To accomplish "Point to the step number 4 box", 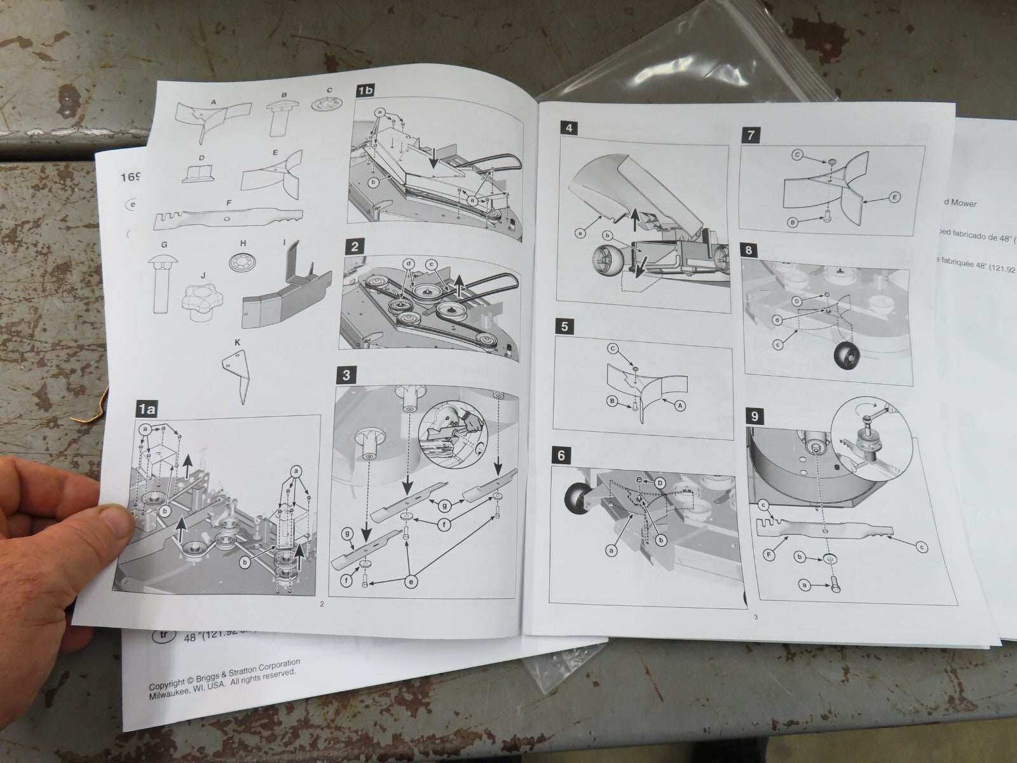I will (x=569, y=127).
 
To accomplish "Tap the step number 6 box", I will (x=564, y=456).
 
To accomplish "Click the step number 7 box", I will (x=751, y=135).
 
